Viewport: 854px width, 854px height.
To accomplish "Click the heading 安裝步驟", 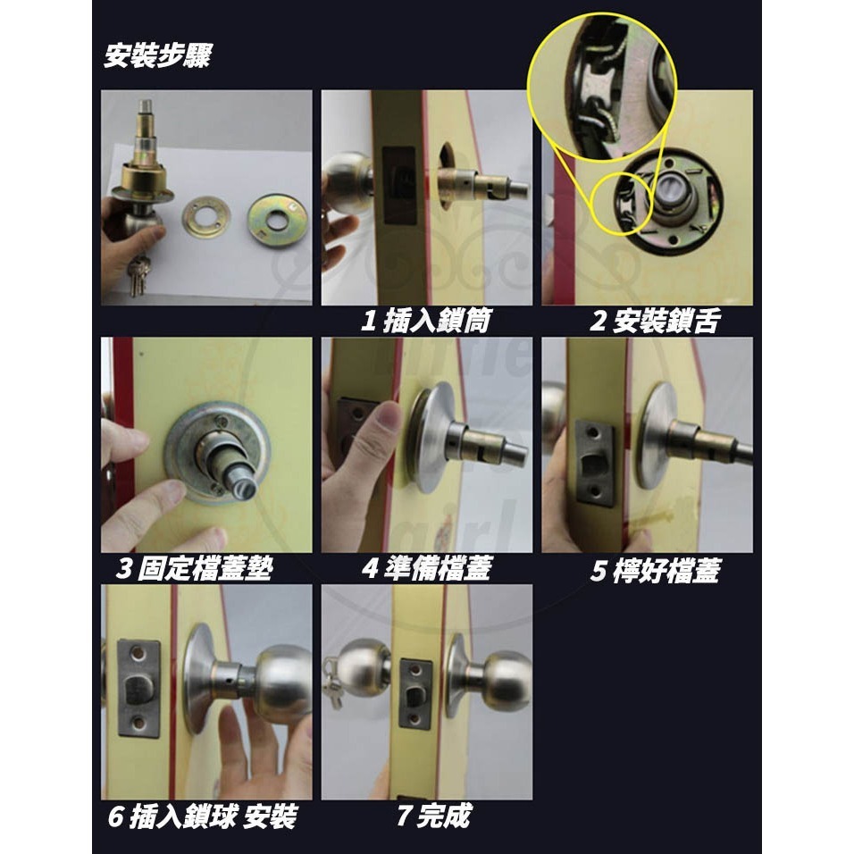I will click(157, 56).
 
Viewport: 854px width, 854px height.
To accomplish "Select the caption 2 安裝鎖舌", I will click(653, 322).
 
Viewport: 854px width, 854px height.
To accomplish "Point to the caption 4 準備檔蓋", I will click(426, 569).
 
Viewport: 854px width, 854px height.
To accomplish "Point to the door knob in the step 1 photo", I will click(344, 182).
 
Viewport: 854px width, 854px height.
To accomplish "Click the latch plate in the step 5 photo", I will click(596, 462).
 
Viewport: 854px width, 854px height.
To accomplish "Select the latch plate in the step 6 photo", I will click(138, 687).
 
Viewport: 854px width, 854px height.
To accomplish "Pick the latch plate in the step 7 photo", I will click(415, 694).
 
